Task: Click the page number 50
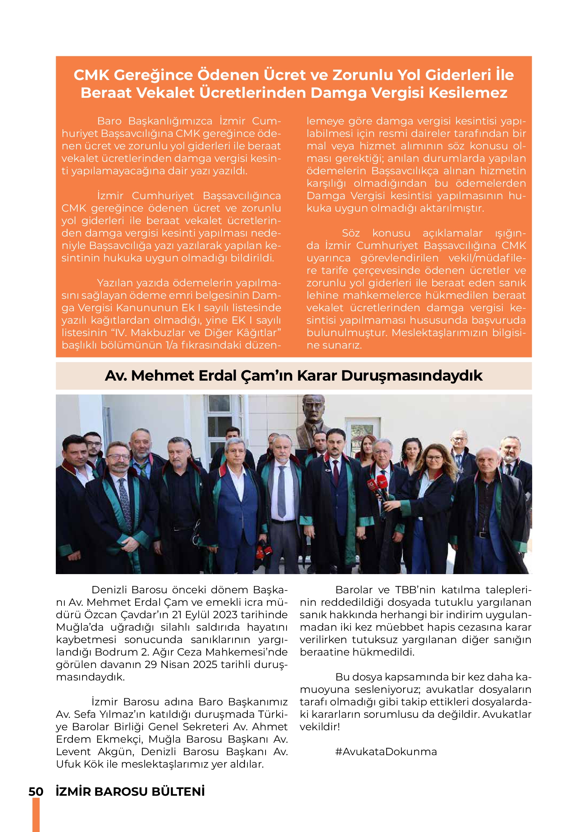pyautogui.click(x=36, y=792)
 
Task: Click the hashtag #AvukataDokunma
pyautogui.click(x=386, y=752)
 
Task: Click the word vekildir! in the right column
pyautogui.click(x=320, y=727)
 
